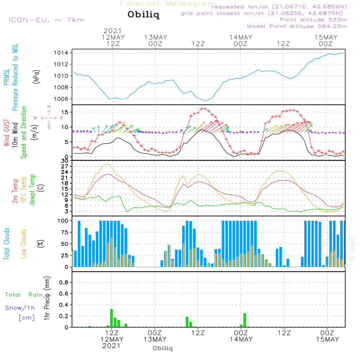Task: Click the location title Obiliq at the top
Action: click(143, 15)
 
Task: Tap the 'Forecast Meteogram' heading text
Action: click(168, 4)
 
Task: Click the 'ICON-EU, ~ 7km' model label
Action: click(46, 19)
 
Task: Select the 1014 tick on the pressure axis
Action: click(63, 53)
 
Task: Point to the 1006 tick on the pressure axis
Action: click(63, 99)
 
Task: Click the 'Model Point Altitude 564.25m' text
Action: click(297, 26)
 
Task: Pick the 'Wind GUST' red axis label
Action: click(7, 134)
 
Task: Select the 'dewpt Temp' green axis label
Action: click(33, 190)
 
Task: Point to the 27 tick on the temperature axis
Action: click(65, 166)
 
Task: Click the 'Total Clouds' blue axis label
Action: click(7, 244)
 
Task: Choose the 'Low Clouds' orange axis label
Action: click(24, 244)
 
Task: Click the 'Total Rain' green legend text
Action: click(23, 295)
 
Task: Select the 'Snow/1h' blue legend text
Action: click(20, 308)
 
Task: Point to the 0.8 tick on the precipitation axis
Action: click(63, 282)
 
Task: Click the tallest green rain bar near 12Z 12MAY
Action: click(112, 318)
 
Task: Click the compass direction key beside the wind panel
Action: click(49, 117)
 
